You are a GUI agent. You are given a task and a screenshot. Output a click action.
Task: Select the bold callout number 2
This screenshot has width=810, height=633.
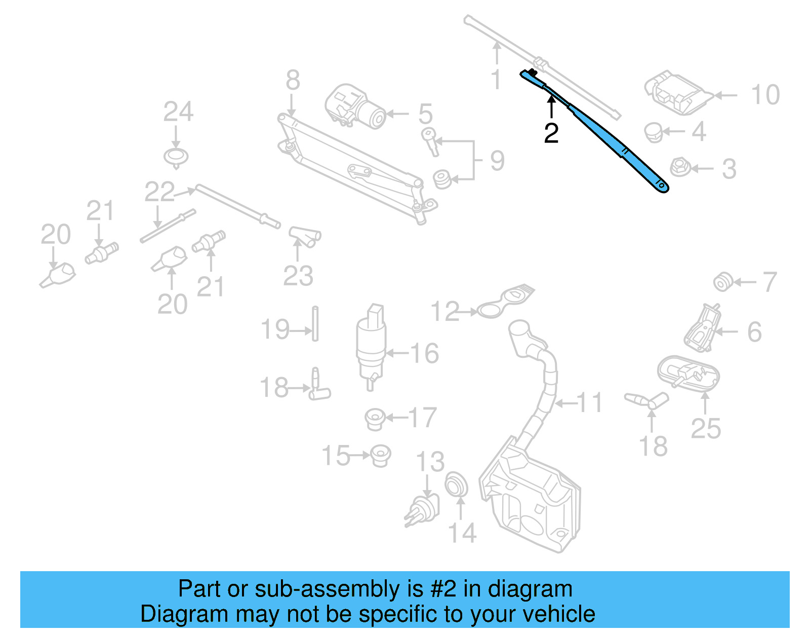click(x=551, y=133)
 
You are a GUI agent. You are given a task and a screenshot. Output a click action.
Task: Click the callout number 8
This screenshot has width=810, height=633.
click(x=293, y=81)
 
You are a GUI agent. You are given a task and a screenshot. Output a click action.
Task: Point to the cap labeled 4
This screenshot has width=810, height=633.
click(x=654, y=132)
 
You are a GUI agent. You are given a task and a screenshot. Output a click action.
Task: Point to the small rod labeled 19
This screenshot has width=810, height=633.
click(x=315, y=324)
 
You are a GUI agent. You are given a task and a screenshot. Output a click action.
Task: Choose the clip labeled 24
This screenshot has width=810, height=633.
click(x=176, y=157)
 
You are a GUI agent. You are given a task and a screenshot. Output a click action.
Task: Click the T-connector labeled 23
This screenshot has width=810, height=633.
click(x=305, y=237)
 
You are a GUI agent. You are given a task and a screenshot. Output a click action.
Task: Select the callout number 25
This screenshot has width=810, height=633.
click(x=705, y=429)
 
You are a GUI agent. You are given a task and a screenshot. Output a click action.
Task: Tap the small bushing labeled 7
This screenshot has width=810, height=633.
click(x=722, y=282)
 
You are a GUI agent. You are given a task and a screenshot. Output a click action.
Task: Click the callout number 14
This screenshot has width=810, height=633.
click(x=462, y=533)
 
